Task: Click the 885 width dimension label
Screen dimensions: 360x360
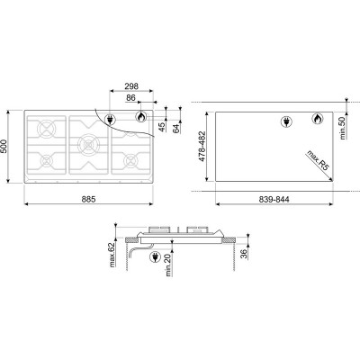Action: point(88,199)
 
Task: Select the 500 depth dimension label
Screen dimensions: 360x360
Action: point(4,146)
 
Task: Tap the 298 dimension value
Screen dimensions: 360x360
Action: point(131,86)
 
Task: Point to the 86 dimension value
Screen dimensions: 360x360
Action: point(130,97)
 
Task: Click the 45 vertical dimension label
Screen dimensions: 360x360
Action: point(162,127)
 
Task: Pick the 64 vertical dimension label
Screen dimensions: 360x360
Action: point(176,128)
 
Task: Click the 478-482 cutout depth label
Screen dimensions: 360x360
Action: point(202,146)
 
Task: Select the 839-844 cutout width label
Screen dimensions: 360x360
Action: point(274,199)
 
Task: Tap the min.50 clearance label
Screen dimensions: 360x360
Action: point(343,128)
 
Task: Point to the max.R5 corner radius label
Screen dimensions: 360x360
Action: point(318,161)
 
